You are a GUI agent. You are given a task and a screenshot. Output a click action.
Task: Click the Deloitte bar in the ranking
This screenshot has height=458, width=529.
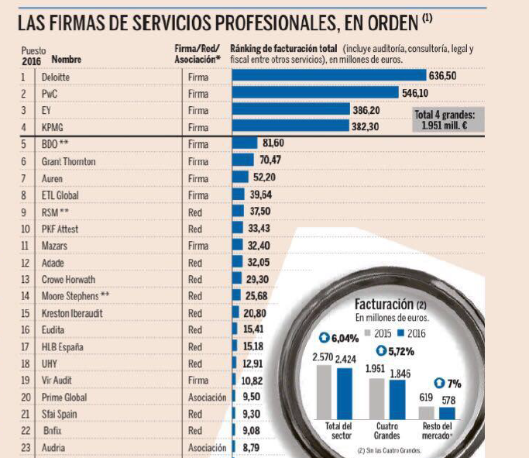pyautogui.click(x=329, y=76)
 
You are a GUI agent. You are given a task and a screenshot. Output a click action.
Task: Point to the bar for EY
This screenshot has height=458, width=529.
pyautogui.click(x=291, y=110)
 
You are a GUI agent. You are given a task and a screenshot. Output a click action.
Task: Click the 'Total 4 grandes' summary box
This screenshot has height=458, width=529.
pyautogui.click(x=449, y=119)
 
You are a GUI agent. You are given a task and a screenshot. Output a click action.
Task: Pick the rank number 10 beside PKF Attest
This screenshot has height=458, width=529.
pyautogui.click(x=25, y=229)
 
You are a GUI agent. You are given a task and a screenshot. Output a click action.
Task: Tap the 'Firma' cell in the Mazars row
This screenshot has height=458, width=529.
pyautogui.click(x=198, y=246)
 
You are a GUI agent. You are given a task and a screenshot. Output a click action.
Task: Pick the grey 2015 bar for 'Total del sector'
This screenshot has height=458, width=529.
pyautogui.click(x=324, y=391)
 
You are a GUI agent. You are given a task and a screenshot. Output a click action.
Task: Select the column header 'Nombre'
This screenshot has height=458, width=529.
pyautogui.click(x=66, y=59)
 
